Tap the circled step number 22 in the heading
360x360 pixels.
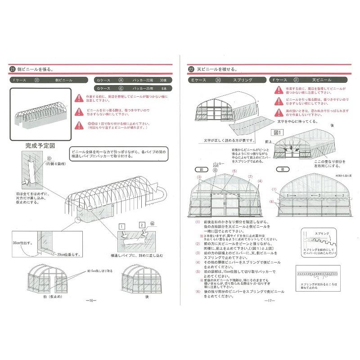pyautogui.click(x=191, y=70)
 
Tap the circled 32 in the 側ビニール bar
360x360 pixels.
pyautogui.click(x=37, y=80)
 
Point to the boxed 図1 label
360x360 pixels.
pyautogui.click(x=277, y=133)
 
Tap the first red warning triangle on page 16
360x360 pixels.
pyautogui.click(x=79, y=97)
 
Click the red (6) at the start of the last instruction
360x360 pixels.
pyautogui.click(x=197, y=292)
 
